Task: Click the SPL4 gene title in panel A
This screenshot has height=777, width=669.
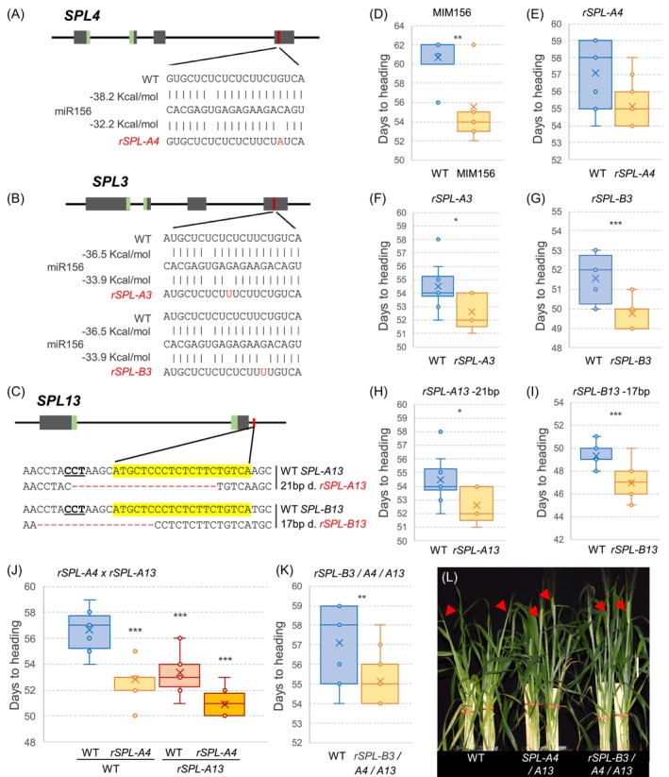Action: (x=82, y=15)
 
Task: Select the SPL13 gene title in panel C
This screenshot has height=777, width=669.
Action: (x=59, y=400)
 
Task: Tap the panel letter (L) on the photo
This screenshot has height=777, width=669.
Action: (x=449, y=577)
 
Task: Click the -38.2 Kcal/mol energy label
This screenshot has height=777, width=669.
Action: (x=124, y=96)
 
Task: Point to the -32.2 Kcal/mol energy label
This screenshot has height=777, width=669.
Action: (x=124, y=124)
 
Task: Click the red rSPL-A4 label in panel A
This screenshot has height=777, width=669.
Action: (x=139, y=142)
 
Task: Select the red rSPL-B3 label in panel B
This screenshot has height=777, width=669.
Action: (x=131, y=372)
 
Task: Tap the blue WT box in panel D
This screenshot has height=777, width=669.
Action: (x=438, y=55)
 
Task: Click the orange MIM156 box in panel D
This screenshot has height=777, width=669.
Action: (x=474, y=122)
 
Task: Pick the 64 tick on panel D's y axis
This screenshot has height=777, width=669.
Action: (x=399, y=25)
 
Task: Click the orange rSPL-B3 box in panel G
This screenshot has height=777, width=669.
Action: (x=632, y=318)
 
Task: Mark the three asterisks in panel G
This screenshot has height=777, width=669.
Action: (x=615, y=224)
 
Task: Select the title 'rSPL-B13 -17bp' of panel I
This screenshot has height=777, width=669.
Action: (x=611, y=392)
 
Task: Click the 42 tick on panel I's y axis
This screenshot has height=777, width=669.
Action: (x=559, y=540)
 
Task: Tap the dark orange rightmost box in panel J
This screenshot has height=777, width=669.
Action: (x=225, y=704)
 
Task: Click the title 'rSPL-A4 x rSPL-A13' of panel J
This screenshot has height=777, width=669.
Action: (x=107, y=573)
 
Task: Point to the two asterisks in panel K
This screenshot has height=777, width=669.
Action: (x=362, y=597)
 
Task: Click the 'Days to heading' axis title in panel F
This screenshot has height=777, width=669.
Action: (x=384, y=286)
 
